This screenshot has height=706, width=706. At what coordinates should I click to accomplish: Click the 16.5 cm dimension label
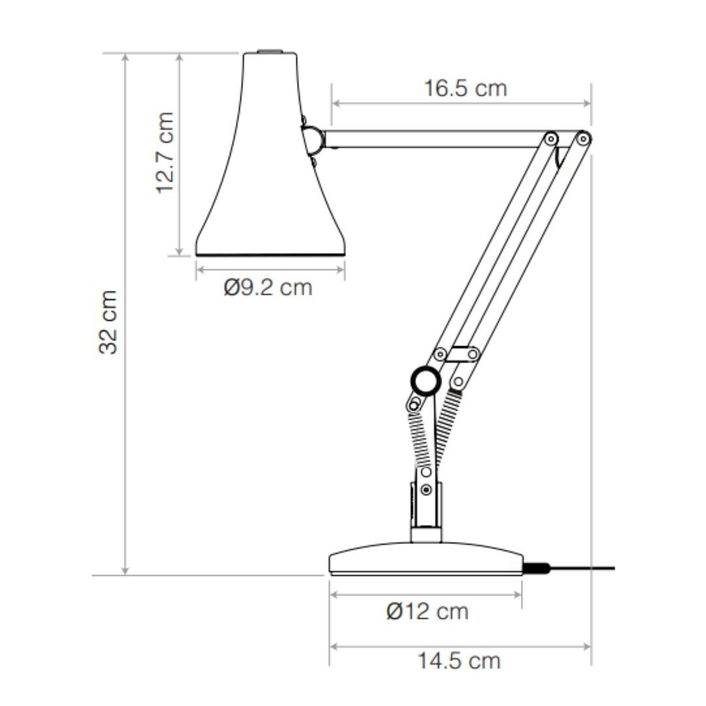(x=465, y=88)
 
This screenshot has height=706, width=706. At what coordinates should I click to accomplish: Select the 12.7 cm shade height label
(x=165, y=153)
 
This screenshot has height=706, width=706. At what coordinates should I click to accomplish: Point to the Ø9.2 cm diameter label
(x=268, y=287)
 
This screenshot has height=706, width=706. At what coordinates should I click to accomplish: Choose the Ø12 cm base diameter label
(x=428, y=612)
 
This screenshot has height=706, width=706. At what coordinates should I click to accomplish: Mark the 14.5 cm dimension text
(x=459, y=661)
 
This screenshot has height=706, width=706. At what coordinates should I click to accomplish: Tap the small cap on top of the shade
(x=269, y=50)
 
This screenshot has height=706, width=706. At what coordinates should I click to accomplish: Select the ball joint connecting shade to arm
(x=312, y=139)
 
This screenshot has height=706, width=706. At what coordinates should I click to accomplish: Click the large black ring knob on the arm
(x=426, y=380)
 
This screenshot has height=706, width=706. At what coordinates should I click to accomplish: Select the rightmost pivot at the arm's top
(x=584, y=138)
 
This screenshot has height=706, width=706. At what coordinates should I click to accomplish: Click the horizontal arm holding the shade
(x=431, y=139)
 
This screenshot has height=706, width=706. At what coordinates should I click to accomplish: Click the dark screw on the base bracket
(x=426, y=489)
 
